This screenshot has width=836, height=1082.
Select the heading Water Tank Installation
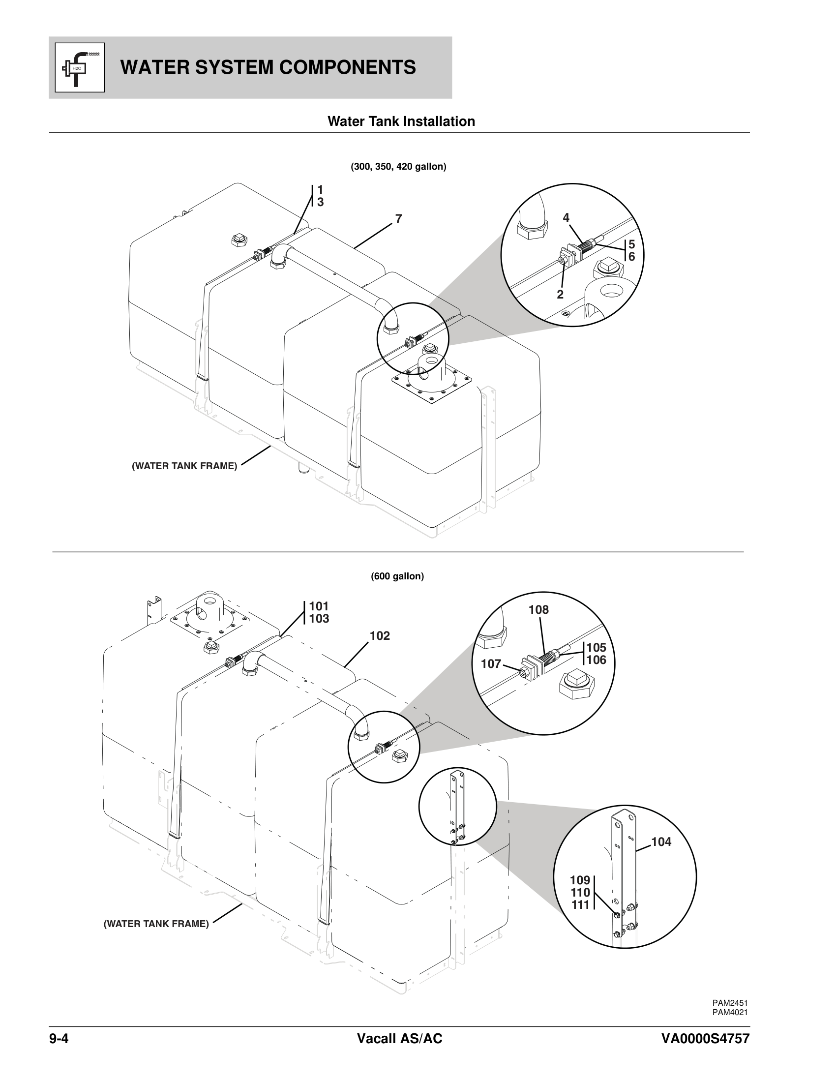point(401,121)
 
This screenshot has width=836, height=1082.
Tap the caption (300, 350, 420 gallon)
point(399,167)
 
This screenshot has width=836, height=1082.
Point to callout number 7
point(399,218)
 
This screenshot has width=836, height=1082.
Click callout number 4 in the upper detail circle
point(566,217)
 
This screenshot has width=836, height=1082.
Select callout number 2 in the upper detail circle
point(560,294)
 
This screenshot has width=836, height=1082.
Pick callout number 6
point(631,257)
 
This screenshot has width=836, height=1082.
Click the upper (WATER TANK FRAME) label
point(185,466)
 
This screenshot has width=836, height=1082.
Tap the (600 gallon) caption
point(397,577)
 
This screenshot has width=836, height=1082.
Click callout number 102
point(379,635)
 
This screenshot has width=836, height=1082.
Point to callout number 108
point(538,610)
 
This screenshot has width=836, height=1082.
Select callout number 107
point(491,663)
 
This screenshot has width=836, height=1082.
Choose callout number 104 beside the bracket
point(661,842)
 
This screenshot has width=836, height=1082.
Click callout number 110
point(580,893)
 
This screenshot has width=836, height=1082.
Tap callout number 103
point(319,619)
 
